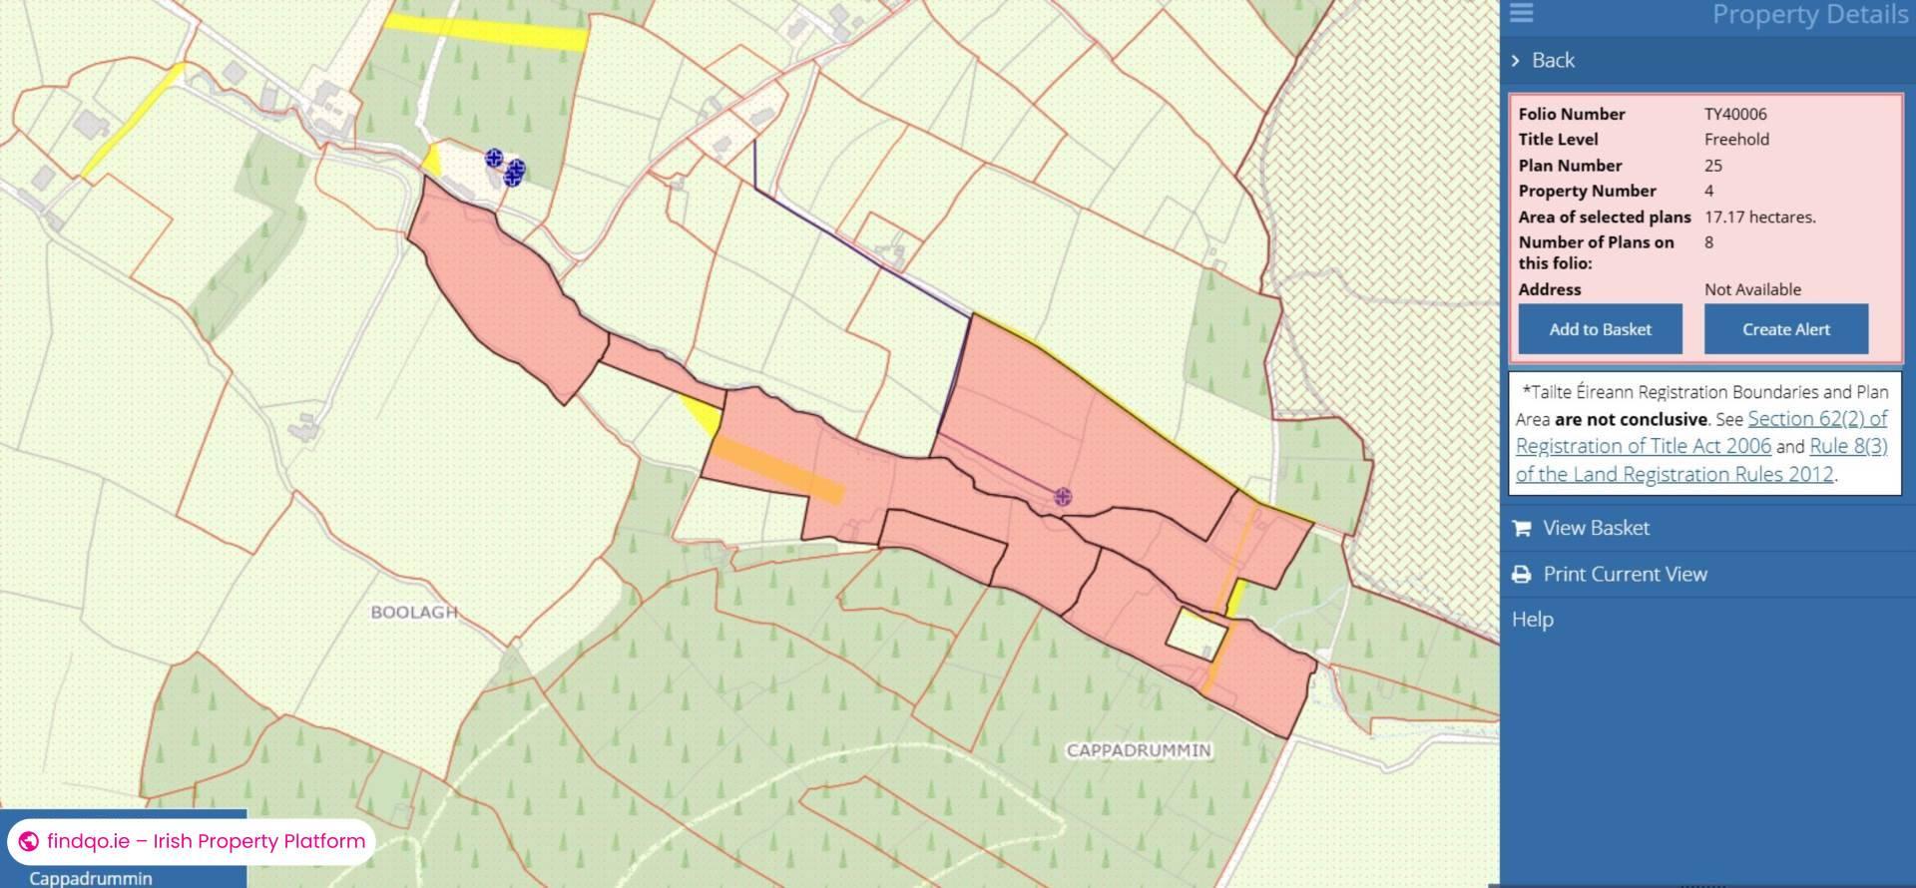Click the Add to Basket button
tap(1600, 329)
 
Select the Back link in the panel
tap(1552, 60)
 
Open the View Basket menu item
tap(1595, 528)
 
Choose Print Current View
tap(1624, 574)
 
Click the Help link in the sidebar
tap(1532, 620)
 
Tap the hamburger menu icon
tap(1522, 13)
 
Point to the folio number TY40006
tap(1734, 114)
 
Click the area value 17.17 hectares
tap(1759, 217)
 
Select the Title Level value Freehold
tap(1736, 140)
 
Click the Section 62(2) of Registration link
tap(1816, 419)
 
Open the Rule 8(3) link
tap(1847, 447)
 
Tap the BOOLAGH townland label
tap(414, 612)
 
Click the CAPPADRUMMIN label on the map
tap(1139, 750)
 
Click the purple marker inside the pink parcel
tap(1063, 497)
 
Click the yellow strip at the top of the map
tap(485, 32)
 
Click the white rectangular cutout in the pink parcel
tap(1197, 633)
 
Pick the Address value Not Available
tap(1752, 289)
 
